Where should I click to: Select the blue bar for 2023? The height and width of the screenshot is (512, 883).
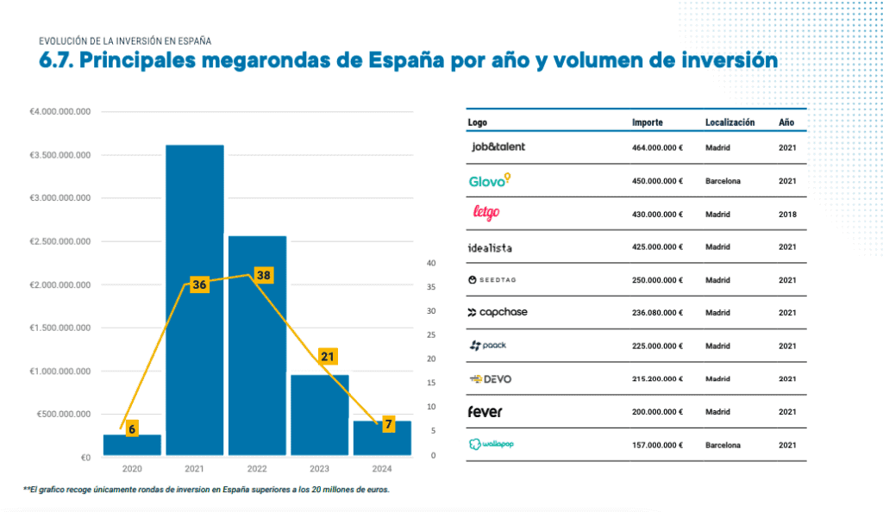click(x=319, y=414)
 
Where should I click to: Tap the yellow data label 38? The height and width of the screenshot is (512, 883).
click(x=263, y=276)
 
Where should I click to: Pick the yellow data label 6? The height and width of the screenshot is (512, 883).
click(x=132, y=428)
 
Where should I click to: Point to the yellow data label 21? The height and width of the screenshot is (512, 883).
click(x=328, y=356)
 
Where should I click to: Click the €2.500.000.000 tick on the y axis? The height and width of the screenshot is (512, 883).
click(x=61, y=242)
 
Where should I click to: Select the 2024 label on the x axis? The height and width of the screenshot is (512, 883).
click(x=382, y=468)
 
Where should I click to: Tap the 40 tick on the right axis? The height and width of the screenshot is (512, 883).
click(x=432, y=263)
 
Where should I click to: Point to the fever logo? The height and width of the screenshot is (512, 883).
click(x=485, y=411)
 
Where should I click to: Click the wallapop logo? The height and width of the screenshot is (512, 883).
click(x=492, y=444)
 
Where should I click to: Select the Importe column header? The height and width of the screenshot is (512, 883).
click(x=647, y=122)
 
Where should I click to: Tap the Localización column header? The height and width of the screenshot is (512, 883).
click(x=730, y=122)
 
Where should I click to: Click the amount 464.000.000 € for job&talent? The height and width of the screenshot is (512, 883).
click(x=657, y=147)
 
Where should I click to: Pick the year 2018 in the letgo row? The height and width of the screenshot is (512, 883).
click(x=786, y=214)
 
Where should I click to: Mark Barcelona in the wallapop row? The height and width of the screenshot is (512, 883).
click(x=723, y=445)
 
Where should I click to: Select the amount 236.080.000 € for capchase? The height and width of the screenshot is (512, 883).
click(x=657, y=313)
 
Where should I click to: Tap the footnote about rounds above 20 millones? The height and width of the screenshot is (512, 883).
click(x=207, y=490)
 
